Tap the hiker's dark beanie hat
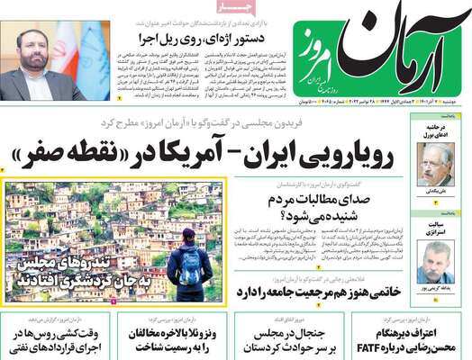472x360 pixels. pos(190,236)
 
